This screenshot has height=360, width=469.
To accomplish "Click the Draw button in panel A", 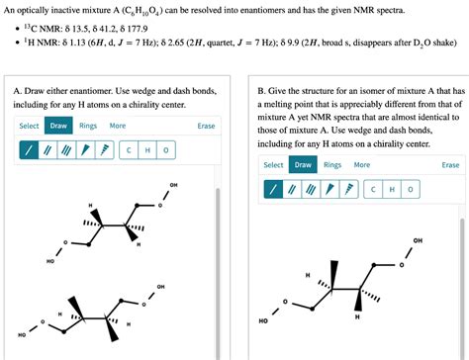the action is tap(58, 126).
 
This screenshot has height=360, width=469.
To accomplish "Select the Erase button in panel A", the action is tap(206, 126).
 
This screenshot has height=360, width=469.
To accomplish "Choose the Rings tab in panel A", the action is tap(88, 126).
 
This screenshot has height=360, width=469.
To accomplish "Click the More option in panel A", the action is tap(118, 126).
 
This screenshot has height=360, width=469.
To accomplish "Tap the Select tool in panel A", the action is tap(29, 126).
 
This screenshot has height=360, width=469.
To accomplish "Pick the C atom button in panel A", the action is tap(130, 150).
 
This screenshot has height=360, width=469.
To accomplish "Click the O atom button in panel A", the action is tap(166, 150).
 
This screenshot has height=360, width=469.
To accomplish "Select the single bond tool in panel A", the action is tap(31, 150).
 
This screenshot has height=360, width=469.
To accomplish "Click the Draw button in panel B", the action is tap(303, 165).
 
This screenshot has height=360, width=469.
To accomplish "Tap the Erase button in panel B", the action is tap(450, 165).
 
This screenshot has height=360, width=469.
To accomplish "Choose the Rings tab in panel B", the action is tap(332, 165).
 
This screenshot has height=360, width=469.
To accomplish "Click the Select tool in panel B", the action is tap(273, 165).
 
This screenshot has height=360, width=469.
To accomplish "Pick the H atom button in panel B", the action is tap(393, 189).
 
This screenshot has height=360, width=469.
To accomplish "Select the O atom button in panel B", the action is tap(411, 189).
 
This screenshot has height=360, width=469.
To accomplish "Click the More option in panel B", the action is tap(362, 165).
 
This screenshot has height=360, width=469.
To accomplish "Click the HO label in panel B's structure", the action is tap(263, 321).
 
